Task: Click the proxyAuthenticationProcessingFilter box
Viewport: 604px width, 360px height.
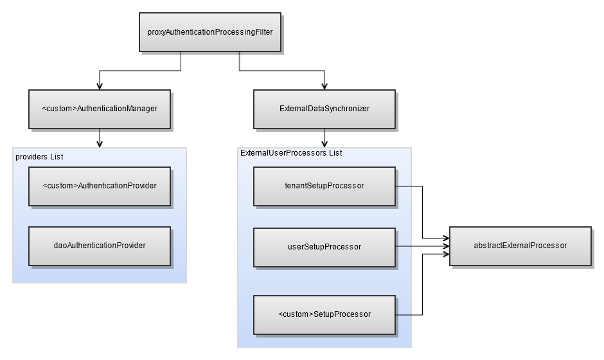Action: (x=210, y=32)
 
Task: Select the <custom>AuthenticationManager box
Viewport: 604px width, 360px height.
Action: (x=100, y=109)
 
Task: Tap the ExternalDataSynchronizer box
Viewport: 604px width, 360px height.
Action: (x=324, y=109)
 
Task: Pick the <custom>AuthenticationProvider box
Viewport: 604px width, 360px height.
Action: (x=100, y=186)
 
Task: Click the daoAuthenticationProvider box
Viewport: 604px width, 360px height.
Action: (x=100, y=246)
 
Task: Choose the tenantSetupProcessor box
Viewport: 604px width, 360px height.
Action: (x=324, y=186)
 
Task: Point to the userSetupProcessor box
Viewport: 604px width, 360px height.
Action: (x=324, y=247)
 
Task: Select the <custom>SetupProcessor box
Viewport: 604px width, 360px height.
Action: (x=324, y=315)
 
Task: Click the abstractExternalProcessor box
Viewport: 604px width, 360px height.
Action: (x=520, y=246)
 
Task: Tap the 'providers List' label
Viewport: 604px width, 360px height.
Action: (x=39, y=157)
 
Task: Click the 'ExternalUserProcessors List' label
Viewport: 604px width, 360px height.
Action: (x=291, y=153)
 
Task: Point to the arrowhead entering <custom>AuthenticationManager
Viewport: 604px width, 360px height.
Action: (x=100, y=85)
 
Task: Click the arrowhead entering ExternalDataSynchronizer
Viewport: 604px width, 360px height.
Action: (x=324, y=85)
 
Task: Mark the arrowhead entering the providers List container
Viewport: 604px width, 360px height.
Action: (x=100, y=143)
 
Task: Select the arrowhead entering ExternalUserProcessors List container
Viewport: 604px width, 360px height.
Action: (x=324, y=143)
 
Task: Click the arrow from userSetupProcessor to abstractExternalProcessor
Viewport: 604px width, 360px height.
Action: (x=423, y=246)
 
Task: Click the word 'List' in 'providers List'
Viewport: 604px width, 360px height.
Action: (x=57, y=157)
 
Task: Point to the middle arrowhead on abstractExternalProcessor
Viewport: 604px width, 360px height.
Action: (x=446, y=246)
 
